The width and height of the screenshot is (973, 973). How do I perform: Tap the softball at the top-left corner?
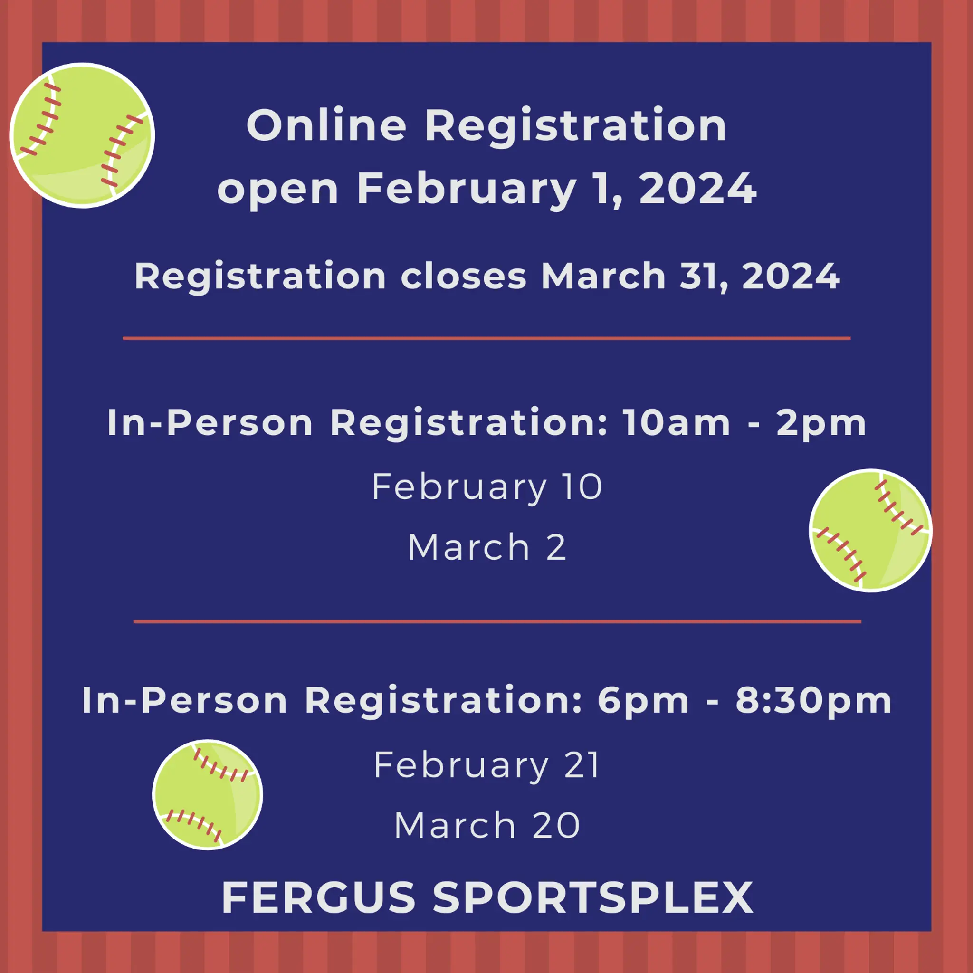tap(82, 135)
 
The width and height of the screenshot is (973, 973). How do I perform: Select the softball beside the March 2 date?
tap(870, 530)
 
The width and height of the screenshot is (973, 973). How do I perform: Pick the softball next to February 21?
tap(208, 795)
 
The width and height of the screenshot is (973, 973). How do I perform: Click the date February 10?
tap(487, 487)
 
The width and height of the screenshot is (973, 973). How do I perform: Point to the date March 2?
tap(487, 547)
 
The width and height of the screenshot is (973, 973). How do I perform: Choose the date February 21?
tap(486, 765)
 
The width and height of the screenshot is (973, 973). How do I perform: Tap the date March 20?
tap(487, 825)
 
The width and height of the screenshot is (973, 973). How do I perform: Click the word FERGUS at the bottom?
tap(318, 897)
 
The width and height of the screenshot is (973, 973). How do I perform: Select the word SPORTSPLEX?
tap(593, 897)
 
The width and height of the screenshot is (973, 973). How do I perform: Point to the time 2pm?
tap(821, 423)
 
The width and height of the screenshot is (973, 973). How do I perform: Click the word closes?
tap(463, 276)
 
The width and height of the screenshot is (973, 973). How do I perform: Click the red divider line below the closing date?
tap(486, 338)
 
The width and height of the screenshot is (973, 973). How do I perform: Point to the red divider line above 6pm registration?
tap(497, 621)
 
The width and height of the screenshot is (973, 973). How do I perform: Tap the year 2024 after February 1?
tap(698, 188)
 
